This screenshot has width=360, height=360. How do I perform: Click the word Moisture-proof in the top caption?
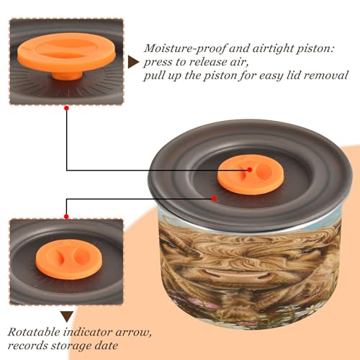185,49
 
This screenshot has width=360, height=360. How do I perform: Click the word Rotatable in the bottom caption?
34,332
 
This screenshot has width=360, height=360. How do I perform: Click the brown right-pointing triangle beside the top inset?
133,62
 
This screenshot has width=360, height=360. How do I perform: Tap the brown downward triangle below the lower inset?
67,317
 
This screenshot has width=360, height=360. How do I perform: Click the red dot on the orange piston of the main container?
250,170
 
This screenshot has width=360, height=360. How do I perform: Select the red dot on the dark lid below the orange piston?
214,199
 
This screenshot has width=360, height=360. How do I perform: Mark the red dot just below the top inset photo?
67,108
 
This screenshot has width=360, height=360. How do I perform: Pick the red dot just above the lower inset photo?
66,217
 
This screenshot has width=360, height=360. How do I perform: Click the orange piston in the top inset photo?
66,54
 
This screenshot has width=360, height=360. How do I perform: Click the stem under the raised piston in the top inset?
67,75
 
